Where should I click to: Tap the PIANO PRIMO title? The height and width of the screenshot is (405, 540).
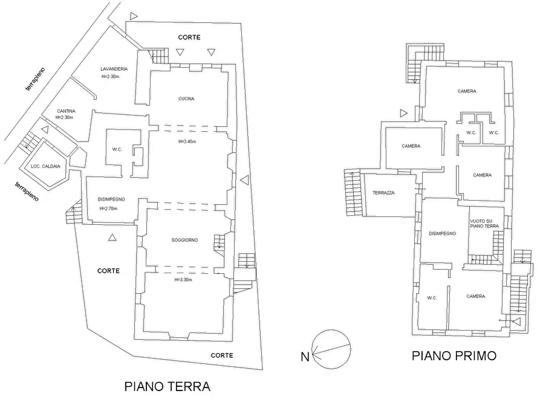point(454,356)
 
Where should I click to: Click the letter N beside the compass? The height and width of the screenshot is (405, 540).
point(306,357)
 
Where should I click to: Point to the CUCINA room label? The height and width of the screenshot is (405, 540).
point(186,99)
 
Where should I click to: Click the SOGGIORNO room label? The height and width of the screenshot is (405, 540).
point(185,240)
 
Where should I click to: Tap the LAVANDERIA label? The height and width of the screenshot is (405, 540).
point(114,69)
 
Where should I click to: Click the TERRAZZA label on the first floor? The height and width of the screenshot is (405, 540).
point(383,193)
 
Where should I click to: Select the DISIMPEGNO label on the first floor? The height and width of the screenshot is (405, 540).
point(442,233)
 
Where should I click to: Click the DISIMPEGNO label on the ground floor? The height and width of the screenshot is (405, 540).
point(111,199)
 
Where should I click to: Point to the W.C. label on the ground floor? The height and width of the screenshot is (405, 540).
point(117,151)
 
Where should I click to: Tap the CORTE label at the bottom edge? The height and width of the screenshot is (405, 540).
point(222,355)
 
